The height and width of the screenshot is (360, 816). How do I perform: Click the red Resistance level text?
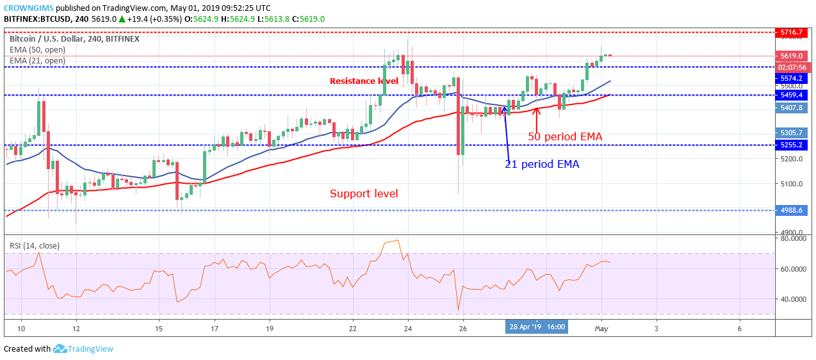[364, 81]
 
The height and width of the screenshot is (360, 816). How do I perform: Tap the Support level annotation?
[364, 193]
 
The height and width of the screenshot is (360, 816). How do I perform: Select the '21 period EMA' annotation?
[542, 165]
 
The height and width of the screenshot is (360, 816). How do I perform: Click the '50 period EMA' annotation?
[565, 136]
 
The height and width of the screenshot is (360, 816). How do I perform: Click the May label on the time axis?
[601, 328]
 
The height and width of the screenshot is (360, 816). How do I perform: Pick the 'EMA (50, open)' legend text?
[37, 50]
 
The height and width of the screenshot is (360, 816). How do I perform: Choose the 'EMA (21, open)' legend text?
[37, 61]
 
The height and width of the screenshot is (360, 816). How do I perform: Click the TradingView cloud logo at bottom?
[60, 349]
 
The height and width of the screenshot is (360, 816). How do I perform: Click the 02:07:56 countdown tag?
[792, 67]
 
